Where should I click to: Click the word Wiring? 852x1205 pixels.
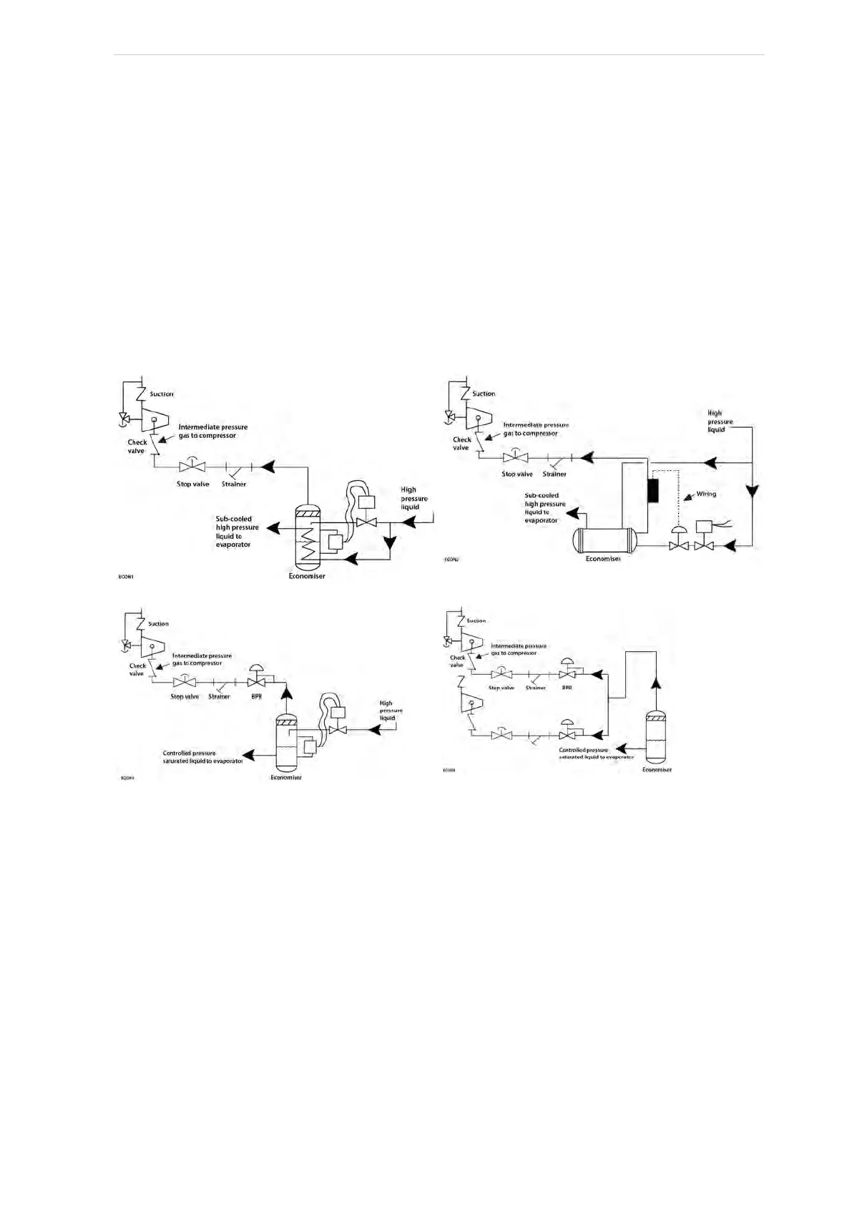tap(706, 494)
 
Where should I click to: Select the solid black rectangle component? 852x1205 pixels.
tap(653, 491)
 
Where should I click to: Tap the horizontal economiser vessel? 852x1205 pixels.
tap(604, 540)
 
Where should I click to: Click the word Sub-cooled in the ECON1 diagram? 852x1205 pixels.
tap(234, 519)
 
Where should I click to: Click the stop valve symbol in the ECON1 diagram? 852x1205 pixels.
tap(192, 467)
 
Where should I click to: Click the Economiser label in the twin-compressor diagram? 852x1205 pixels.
tap(656, 770)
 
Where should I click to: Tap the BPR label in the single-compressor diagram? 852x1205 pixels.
tap(256, 696)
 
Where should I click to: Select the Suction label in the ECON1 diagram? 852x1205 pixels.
tap(162, 394)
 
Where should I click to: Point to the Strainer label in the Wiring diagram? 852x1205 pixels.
tap(554, 474)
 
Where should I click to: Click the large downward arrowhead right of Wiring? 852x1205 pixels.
tap(753, 493)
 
